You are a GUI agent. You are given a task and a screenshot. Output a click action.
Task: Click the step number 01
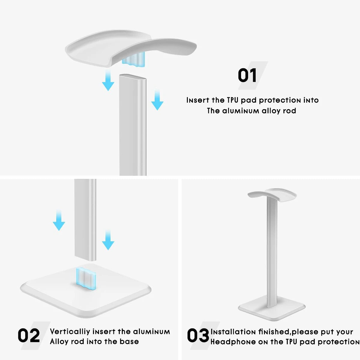(x=247, y=75)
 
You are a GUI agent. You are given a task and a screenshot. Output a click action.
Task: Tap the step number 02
(x=29, y=335)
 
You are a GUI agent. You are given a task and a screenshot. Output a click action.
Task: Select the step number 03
(x=198, y=335)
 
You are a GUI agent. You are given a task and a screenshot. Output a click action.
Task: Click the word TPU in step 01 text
(x=233, y=100)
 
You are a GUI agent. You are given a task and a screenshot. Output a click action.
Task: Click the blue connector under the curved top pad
(x=133, y=59)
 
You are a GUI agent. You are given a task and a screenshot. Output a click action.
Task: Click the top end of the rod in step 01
(x=133, y=78)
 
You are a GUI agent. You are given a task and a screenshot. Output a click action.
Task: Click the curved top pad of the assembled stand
(x=272, y=195)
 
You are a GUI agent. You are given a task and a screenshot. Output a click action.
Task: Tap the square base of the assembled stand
(x=271, y=308)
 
